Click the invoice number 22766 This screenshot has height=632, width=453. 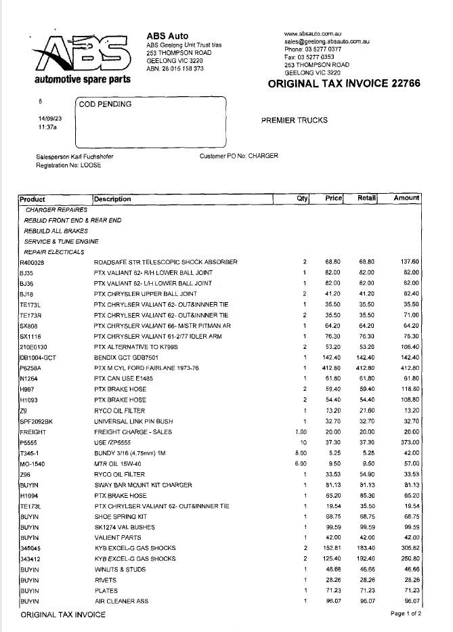(406, 83)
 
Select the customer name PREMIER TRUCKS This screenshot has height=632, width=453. (294, 121)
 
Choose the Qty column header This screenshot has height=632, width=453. (302, 198)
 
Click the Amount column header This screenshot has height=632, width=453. (406, 198)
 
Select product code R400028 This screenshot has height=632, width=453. (32, 261)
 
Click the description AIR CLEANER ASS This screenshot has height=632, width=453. (121, 601)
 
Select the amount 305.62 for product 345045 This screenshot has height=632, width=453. (408, 547)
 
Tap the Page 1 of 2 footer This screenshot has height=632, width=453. (406, 614)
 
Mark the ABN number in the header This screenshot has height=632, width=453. (175, 68)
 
